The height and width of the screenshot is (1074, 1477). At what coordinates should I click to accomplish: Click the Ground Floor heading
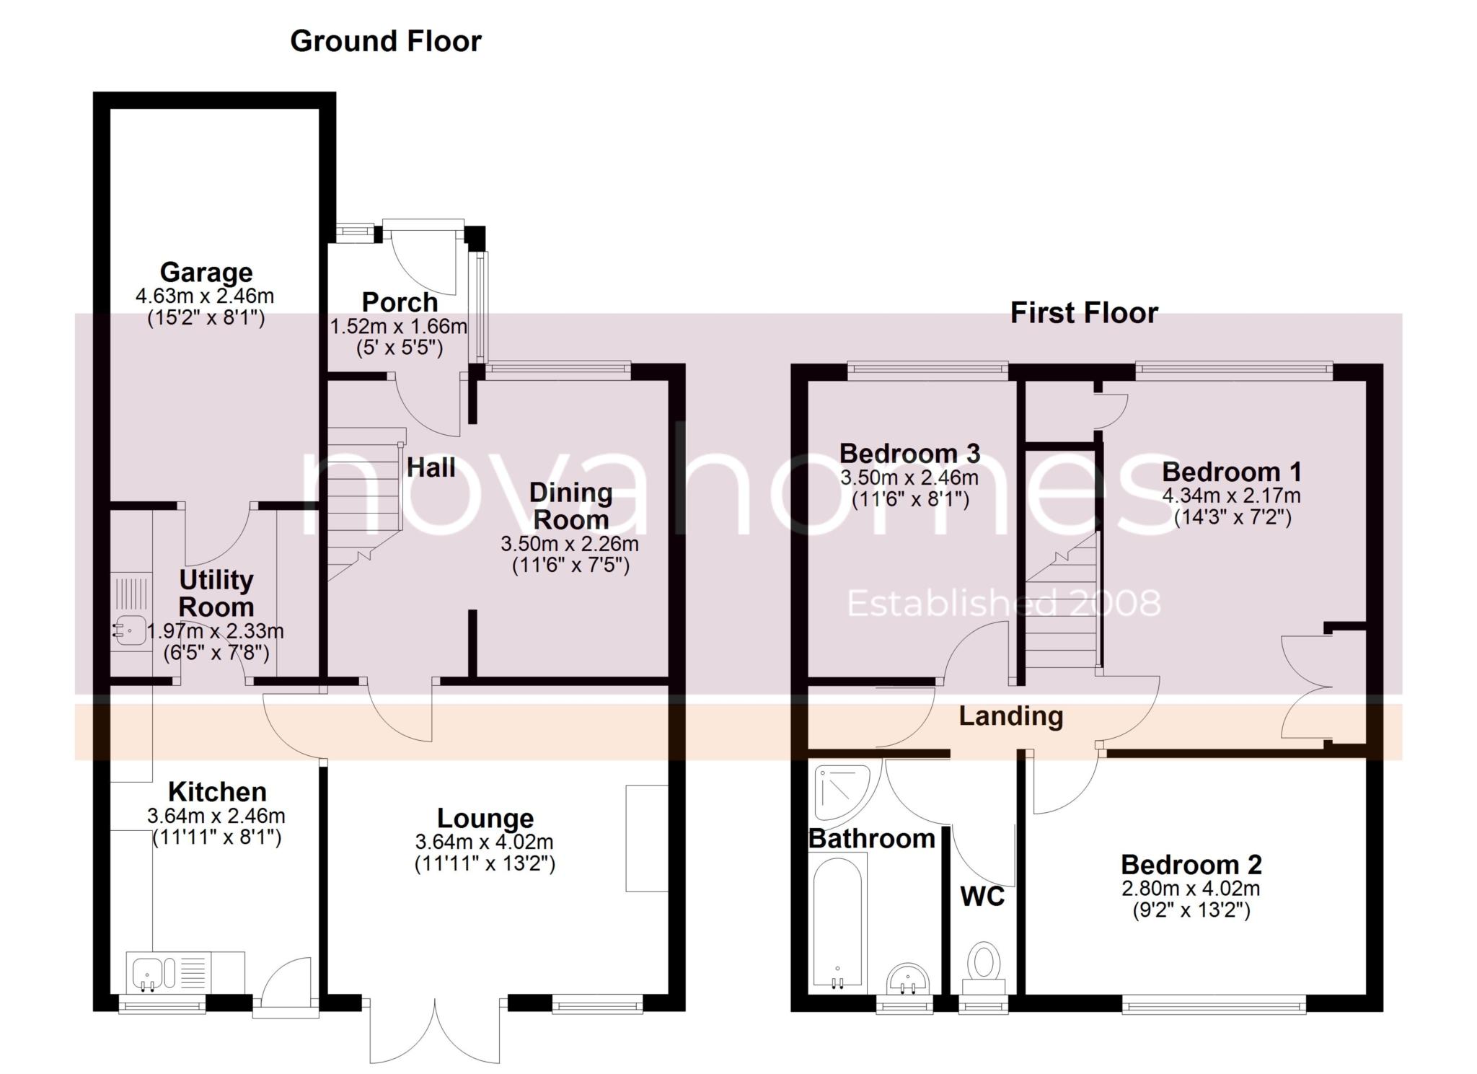coord(385,41)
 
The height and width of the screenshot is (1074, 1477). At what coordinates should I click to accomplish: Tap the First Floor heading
coord(1083,313)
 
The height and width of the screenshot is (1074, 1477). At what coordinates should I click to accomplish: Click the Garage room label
coord(206,273)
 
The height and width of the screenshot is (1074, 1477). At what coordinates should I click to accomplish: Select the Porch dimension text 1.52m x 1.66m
coord(398,327)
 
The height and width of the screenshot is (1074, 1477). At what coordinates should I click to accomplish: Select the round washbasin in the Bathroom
coord(909,980)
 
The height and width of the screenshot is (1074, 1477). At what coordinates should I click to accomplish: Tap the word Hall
coord(431,467)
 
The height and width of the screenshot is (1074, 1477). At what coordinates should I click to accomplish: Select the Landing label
coord(1010,716)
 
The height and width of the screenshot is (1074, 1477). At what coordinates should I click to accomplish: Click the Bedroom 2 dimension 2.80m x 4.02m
coord(1191,888)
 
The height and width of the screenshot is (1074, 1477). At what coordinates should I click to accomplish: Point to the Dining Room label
coord(570,506)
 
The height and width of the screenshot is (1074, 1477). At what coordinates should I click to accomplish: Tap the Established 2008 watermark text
coord(1003,604)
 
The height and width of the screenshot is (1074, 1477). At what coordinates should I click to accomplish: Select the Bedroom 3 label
coord(909,454)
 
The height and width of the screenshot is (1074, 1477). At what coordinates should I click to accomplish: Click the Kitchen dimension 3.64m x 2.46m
coord(216,816)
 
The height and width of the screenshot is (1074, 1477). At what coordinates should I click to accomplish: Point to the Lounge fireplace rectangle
coord(646,838)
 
